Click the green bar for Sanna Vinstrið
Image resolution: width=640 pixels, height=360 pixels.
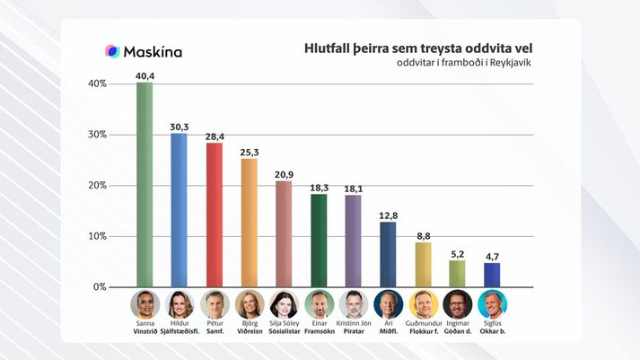[145, 184]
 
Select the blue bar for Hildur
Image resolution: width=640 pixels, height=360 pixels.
[179, 210]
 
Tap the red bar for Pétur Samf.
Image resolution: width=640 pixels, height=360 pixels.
[214, 215]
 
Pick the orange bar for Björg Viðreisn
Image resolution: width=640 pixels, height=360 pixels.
[249, 223]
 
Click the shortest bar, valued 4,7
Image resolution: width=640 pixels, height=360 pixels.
[491, 275]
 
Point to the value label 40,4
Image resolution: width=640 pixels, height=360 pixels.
[145, 75]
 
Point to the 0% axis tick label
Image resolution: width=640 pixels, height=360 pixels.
[99, 287]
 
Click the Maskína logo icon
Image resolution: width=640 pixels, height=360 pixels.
[113, 51]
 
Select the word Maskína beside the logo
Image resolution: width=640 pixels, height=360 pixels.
[153, 52]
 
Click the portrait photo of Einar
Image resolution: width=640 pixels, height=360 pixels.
[319, 303]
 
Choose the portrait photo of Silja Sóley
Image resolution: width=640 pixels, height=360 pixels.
[284, 303]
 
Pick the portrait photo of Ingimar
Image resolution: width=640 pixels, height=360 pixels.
[457, 303]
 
